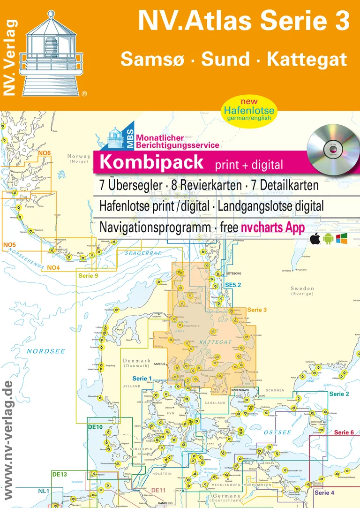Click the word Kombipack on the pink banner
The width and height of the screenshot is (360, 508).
(x=152, y=162)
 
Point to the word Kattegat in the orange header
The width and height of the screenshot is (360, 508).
(x=307, y=60)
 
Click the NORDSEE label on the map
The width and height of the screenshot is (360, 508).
(x=42, y=350)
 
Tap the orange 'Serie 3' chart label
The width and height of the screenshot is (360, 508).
(x=256, y=310)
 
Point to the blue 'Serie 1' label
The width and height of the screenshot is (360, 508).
(x=142, y=378)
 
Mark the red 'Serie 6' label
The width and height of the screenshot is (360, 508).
(x=344, y=432)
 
